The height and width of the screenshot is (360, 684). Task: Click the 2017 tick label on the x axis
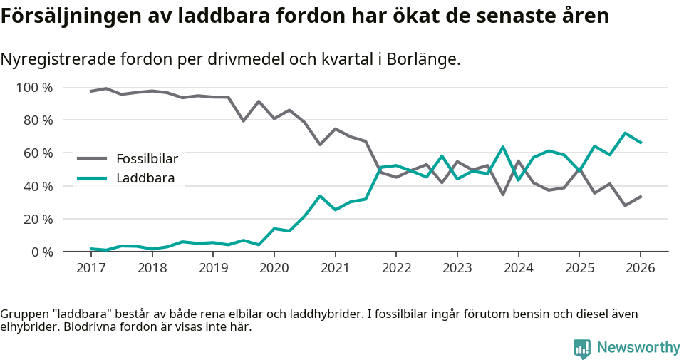(x=90, y=268)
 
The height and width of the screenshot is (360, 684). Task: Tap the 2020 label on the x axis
(x=274, y=268)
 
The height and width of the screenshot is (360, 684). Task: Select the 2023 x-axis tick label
(x=457, y=268)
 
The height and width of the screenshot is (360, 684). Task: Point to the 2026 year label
(x=640, y=268)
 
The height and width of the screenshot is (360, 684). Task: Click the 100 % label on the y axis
(x=34, y=88)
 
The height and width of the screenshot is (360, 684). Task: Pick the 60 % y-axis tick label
(x=38, y=153)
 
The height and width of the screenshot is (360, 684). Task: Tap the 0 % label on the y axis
(x=41, y=252)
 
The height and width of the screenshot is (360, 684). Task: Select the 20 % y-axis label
(x=38, y=219)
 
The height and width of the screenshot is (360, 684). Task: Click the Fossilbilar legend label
(x=147, y=158)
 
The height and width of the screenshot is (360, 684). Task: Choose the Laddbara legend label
(x=145, y=178)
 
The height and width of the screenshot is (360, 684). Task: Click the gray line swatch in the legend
(x=92, y=158)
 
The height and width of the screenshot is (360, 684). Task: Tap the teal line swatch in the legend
(x=92, y=178)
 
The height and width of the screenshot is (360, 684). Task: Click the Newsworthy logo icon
(x=582, y=348)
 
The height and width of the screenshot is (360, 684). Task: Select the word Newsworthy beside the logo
(x=638, y=348)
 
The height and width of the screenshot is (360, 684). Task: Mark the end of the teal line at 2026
(x=641, y=143)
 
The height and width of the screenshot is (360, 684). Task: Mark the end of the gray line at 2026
(x=641, y=196)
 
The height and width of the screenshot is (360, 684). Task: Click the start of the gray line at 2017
(x=90, y=91)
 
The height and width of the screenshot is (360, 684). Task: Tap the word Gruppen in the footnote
(x=23, y=314)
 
